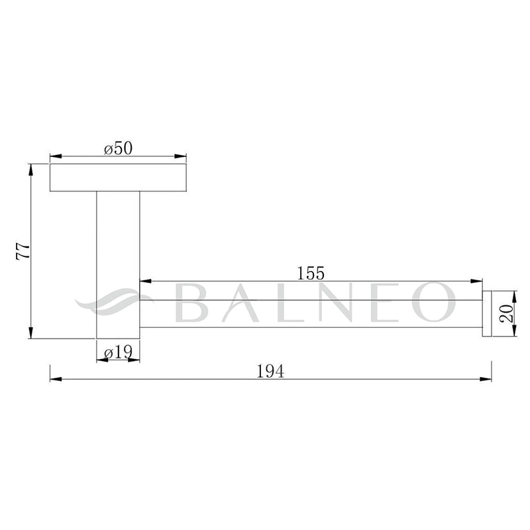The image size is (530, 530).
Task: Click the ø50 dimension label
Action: coord(119,148)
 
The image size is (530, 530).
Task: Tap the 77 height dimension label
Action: coord(23,251)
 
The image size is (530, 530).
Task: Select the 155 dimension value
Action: coord(311,273)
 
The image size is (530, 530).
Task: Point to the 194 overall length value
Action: coord(270,371)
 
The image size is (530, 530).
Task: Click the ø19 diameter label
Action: coord(118,353)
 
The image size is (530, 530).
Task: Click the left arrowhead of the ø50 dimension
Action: coord(56,156)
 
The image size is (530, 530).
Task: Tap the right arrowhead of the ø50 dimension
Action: coord(180,156)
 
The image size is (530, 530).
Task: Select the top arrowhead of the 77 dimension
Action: coord(31,170)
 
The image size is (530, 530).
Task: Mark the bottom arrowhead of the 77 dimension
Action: coord(31,333)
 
